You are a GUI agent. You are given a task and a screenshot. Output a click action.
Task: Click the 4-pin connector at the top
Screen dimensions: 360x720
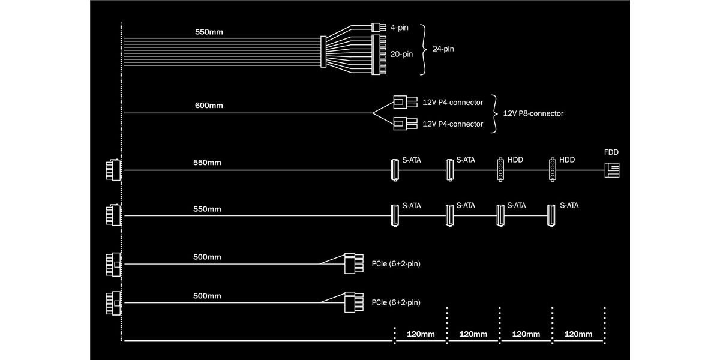click(x=377, y=27)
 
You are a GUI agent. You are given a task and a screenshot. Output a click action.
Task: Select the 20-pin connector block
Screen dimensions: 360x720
click(x=380, y=55)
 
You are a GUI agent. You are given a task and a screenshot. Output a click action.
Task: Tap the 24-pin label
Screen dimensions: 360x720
click(x=444, y=49)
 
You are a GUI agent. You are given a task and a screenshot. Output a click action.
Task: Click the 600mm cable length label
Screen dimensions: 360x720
click(x=209, y=106)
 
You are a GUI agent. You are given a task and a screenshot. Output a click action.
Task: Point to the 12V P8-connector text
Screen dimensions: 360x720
click(x=533, y=113)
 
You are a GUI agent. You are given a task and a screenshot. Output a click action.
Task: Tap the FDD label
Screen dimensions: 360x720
click(x=611, y=152)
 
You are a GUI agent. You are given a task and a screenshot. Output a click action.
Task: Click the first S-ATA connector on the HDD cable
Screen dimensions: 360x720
click(x=395, y=170)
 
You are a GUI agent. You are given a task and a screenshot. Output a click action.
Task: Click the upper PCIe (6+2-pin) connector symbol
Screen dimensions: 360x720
click(x=353, y=263)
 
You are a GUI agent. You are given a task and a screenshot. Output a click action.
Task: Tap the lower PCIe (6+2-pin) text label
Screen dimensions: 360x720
click(x=396, y=302)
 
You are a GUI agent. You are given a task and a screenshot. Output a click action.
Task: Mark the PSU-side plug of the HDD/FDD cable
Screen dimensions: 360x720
click(x=112, y=170)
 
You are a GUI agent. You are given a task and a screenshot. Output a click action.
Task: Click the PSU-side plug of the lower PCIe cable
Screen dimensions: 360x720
click(x=112, y=303)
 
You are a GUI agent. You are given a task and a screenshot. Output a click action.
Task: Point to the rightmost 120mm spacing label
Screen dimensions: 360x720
click(x=578, y=334)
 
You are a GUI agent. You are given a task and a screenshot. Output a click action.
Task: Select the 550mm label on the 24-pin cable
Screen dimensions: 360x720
click(x=209, y=31)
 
